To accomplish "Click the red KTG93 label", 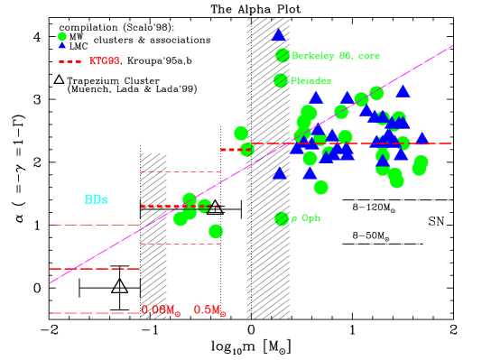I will coord(104,61).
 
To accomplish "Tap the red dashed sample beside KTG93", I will coord(70,61).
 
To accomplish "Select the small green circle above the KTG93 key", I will coord(62,36).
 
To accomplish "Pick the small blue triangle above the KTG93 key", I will coord(62,44).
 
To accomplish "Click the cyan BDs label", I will coord(97,199).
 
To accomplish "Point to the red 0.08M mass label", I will coord(159,309).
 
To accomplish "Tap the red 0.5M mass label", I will coord(208,309).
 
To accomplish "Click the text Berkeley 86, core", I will coord(335,56).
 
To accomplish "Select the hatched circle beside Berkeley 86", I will coord(283,55).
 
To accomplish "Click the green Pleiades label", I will coord(311,80).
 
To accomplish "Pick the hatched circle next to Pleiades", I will coord(281,80).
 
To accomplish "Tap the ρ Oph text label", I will coord(305,218).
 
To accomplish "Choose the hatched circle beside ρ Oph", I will coord(282,218).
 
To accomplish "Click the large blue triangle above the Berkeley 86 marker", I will coord(279,35).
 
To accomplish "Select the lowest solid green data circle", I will coord(216,231).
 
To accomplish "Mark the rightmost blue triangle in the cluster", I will coord(422,138).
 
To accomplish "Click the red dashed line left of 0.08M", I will coord(95,312).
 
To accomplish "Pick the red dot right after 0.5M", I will coord(224,315).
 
